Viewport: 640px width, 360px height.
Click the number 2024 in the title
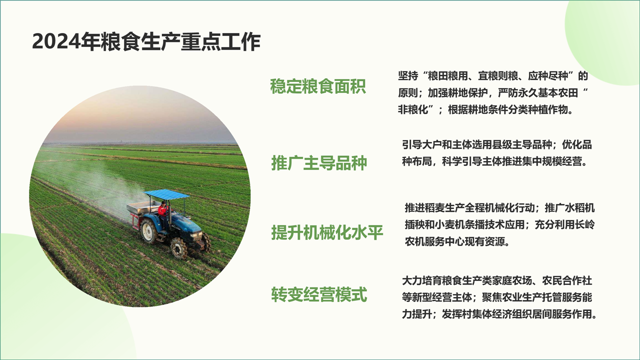56,42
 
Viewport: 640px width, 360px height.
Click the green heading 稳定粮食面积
318,86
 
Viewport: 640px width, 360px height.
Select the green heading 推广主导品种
319,163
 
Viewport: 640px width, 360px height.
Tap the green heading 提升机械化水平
327,232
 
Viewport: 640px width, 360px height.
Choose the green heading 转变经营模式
319,294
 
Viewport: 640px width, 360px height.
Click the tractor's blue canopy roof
166,194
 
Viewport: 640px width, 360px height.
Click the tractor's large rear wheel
149,230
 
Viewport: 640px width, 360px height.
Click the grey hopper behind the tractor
143,207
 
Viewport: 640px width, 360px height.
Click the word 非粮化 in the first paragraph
413,109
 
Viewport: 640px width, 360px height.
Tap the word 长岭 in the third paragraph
584,225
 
